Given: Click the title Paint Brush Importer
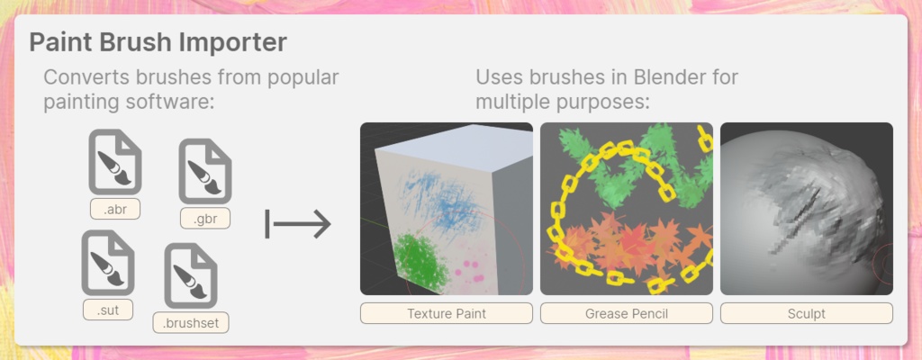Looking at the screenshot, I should tap(158, 42).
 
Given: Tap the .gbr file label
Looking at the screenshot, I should tap(205, 218).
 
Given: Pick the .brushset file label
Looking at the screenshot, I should tap(191, 321).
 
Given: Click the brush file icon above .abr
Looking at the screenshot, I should tap(115, 162).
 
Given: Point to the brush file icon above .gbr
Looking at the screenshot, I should tap(205, 172).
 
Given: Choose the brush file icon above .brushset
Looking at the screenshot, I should tap(191, 274).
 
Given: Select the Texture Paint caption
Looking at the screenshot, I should tap(446, 313).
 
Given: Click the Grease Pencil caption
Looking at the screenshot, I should tap(626, 313).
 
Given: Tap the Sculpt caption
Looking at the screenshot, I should tap(806, 313).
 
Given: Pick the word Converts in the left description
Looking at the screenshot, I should tap(85, 76).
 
